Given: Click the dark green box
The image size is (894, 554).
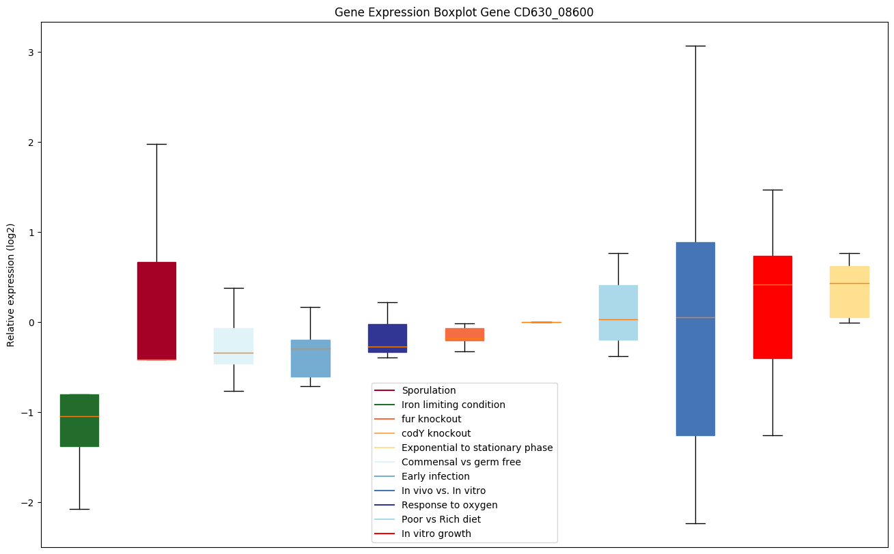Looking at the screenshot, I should [x=79, y=420].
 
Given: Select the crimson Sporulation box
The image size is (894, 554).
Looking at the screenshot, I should [x=156, y=310].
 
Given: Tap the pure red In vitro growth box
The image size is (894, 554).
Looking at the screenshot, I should [x=772, y=307].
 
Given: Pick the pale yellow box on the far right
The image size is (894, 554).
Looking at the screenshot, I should [x=849, y=291].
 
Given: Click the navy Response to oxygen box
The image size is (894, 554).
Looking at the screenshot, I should [x=387, y=338].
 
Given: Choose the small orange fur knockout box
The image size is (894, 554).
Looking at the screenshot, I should [x=464, y=334].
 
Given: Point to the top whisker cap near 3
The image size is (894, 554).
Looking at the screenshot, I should [x=695, y=46].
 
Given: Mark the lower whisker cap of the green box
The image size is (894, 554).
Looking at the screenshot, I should [x=79, y=509].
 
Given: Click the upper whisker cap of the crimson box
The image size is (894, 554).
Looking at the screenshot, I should [x=156, y=144].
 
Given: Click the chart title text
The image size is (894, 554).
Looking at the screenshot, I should [x=464, y=12].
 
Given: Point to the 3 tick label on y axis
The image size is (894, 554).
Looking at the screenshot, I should [x=29, y=53].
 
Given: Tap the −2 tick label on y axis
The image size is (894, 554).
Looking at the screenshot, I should [x=27, y=503].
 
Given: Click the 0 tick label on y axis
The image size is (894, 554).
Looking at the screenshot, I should [x=29, y=323].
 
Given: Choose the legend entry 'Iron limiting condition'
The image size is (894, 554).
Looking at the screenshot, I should [x=453, y=405].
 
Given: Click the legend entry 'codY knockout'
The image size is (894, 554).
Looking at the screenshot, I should [x=436, y=433].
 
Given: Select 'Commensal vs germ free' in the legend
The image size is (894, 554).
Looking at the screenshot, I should [x=461, y=462].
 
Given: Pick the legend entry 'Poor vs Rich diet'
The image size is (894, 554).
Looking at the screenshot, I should [x=441, y=519].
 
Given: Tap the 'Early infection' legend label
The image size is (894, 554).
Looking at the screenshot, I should [x=435, y=476].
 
